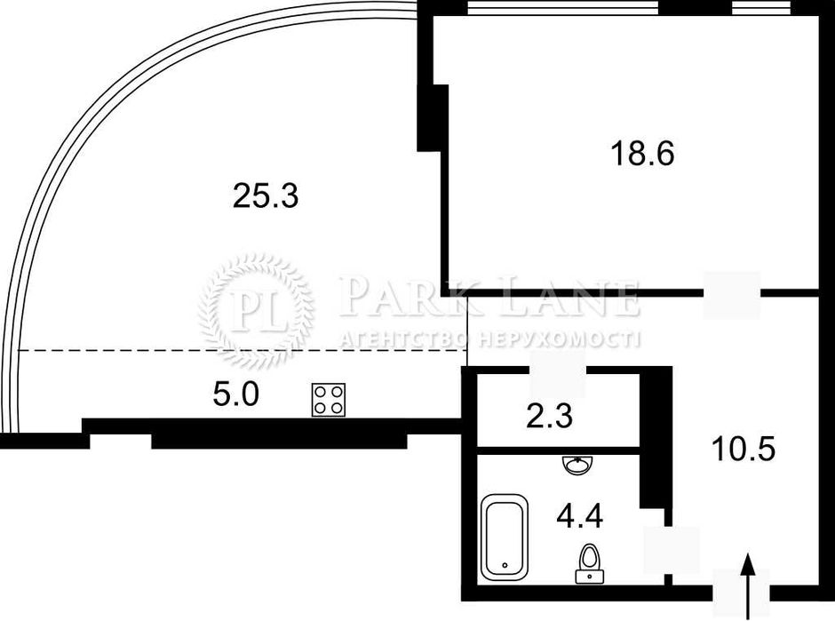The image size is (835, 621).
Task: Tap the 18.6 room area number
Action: click(x=642, y=154)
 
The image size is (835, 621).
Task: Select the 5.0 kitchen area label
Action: click(x=235, y=394)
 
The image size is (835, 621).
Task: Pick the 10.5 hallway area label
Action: click(x=744, y=449)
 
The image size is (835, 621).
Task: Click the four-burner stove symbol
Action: click(x=329, y=400)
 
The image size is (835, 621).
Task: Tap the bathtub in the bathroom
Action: click(x=505, y=537)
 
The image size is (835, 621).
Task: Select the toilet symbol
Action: click(x=587, y=562)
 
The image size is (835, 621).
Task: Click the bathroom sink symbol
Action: click(x=575, y=465)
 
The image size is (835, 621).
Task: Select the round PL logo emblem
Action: click(x=256, y=310)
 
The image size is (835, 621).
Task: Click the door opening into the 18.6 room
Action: click(x=732, y=294)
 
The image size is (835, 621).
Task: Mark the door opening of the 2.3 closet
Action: click(x=558, y=373)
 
